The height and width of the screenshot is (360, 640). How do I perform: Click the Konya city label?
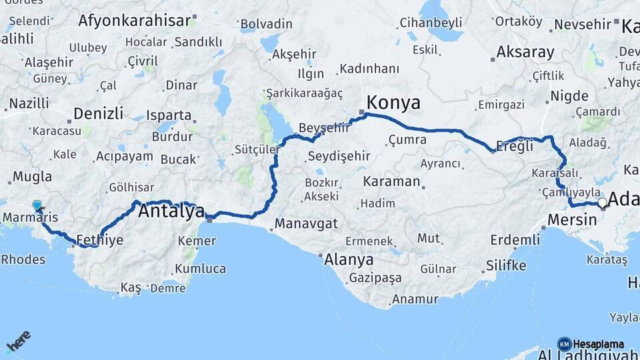394,103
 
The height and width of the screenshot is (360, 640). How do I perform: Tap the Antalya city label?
171,212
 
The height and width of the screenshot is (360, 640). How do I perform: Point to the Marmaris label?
30,218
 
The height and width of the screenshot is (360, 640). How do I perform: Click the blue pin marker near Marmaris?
37,206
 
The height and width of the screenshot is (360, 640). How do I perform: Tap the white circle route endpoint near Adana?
602,202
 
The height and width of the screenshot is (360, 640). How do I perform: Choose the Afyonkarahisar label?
135,20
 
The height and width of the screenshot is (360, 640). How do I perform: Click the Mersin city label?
571,219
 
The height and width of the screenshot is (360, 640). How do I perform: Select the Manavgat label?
306,223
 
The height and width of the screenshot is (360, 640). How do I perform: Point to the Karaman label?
391,181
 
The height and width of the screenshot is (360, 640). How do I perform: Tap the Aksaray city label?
525,52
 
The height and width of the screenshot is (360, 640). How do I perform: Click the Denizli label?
98,113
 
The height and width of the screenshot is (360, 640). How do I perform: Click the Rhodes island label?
23,259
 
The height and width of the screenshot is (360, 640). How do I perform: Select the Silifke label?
505,265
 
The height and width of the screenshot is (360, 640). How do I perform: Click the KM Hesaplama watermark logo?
591,344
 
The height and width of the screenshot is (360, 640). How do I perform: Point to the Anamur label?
415,299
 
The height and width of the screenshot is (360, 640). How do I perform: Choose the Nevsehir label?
582,25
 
